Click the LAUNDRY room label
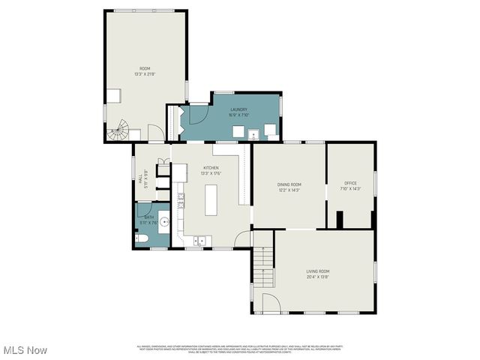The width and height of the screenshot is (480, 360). [x=238, y=109]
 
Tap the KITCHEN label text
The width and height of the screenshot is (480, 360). [x=211, y=168]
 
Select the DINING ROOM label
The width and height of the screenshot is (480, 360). [x=289, y=184]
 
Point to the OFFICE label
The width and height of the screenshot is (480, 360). [x=350, y=183]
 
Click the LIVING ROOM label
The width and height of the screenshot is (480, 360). [x=317, y=271]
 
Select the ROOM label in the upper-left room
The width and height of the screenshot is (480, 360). [x=145, y=69]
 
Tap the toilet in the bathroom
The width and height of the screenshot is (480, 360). [x=142, y=237]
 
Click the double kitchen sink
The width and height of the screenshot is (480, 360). [x=200, y=240]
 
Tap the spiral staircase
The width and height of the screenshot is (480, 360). [x=118, y=133]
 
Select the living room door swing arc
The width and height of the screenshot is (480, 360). [x=271, y=303]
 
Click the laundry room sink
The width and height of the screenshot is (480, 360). [x=255, y=135]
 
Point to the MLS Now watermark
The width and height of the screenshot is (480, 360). [x=25, y=350]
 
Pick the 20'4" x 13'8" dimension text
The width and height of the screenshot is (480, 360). [x=317, y=277]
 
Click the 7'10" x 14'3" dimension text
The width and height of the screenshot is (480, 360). [x=350, y=189]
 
